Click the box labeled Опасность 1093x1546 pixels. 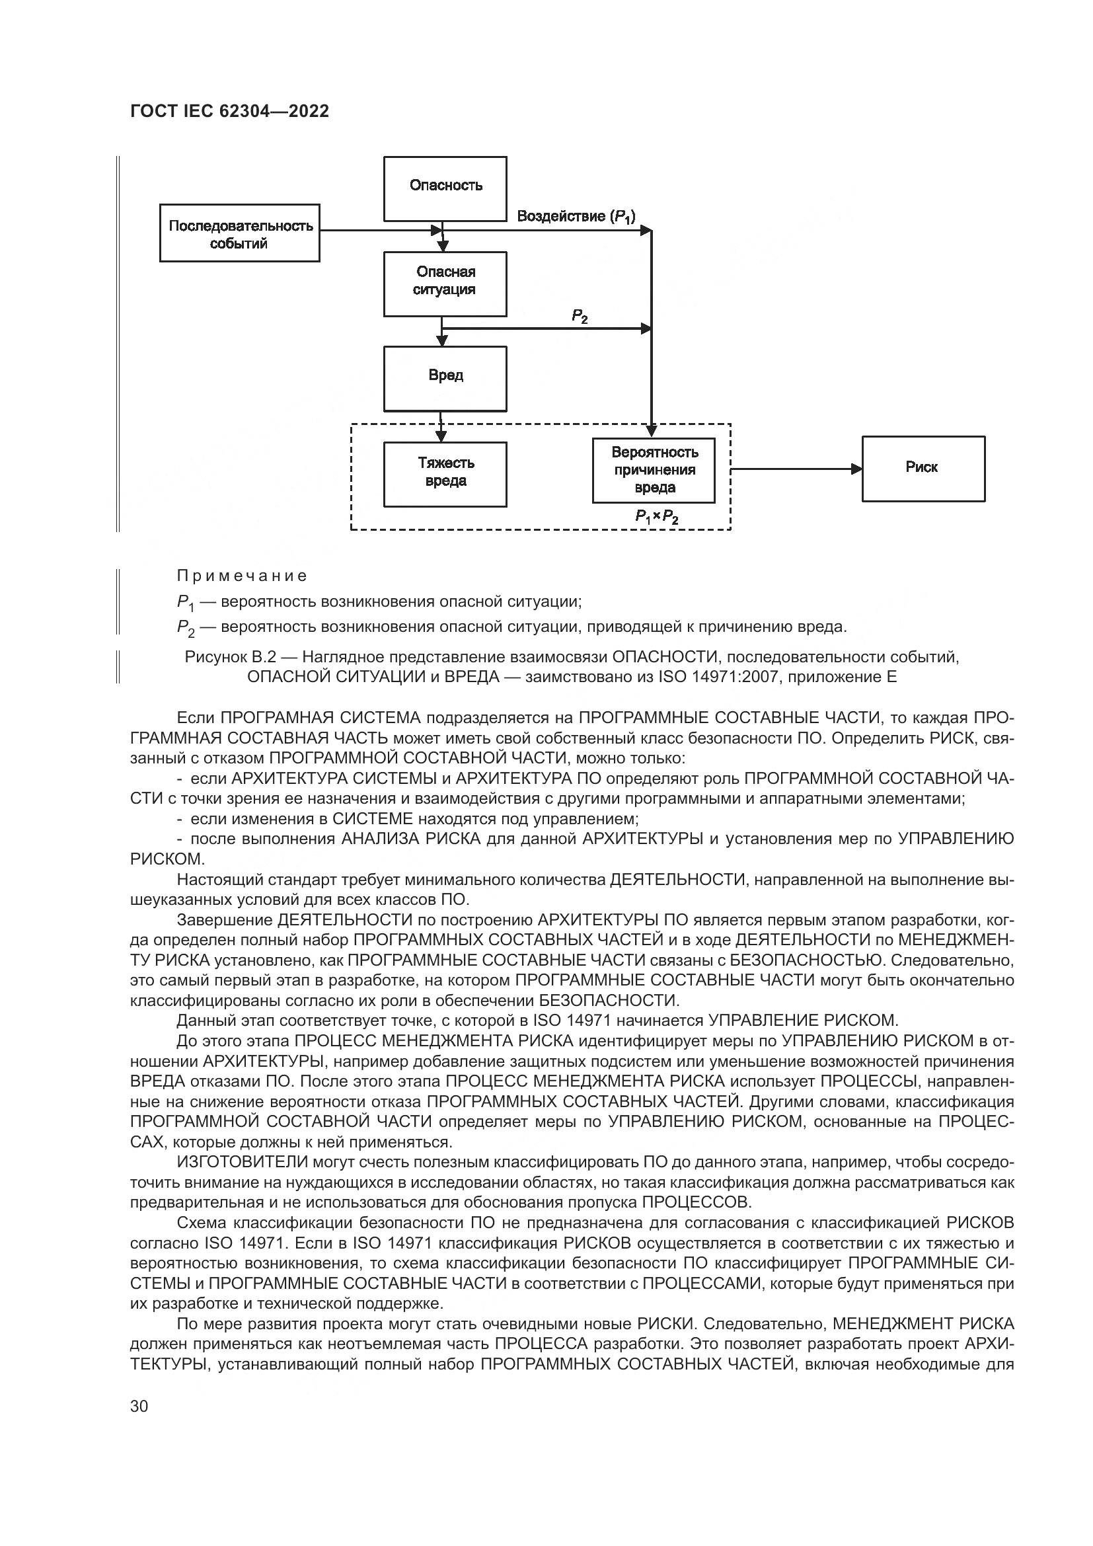tap(445, 188)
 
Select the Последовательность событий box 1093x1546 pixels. tap(240, 233)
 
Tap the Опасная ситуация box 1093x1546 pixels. tap(445, 284)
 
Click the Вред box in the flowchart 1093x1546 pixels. tap(445, 378)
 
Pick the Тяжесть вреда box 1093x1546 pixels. tap(445, 473)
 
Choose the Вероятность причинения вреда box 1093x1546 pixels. tap(654, 470)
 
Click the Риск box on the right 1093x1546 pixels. tap(923, 469)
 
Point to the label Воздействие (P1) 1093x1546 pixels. tap(576, 217)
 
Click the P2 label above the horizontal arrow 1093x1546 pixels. tap(580, 316)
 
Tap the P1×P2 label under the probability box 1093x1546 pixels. tap(656, 517)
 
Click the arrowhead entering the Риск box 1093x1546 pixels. tap(857, 469)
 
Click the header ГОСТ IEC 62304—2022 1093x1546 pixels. tap(229, 112)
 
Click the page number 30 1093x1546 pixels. tap(139, 1406)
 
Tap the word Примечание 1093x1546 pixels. tap(242, 576)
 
